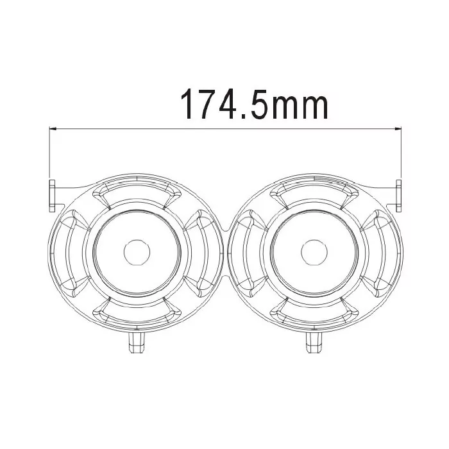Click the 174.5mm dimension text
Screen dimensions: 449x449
(255, 104)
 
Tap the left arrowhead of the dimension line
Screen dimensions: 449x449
(54, 129)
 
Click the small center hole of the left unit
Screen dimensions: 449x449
(135, 250)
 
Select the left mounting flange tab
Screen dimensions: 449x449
(51, 195)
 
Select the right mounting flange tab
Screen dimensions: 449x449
(398, 195)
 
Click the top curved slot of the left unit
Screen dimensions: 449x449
(135, 191)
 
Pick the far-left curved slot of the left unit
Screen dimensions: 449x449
(66, 250)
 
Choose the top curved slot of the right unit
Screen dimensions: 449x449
(312, 191)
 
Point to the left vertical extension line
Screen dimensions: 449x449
(50, 154)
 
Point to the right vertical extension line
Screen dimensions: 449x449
(400, 154)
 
